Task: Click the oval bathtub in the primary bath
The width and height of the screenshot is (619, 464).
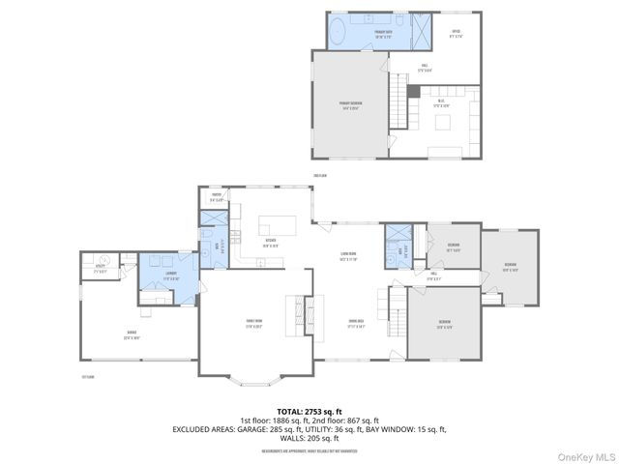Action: (339, 33)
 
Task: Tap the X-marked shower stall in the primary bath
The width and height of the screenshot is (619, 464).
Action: (424, 30)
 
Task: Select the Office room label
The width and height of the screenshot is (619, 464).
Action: (456, 35)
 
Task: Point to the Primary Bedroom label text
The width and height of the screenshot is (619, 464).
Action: (349, 104)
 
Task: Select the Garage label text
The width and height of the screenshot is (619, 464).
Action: (131, 334)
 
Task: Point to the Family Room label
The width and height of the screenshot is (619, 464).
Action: (255, 324)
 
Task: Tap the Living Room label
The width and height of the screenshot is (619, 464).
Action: (348, 256)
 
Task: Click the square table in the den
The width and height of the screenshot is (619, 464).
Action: (444, 122)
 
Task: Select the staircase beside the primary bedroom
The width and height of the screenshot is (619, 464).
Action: (398, 106)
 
